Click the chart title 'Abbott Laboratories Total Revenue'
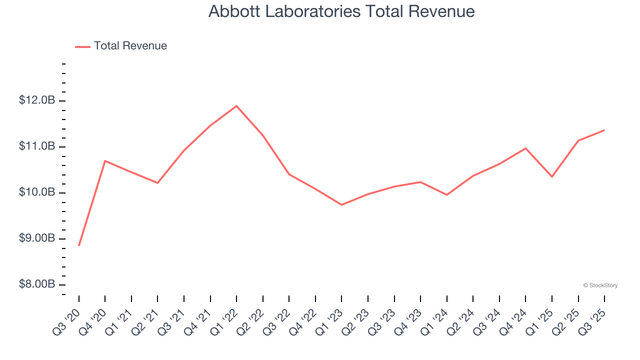pos(341,11)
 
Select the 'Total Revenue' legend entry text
pos(130,46)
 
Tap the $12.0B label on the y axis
pos(37,100)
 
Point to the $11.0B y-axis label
pos(37,146)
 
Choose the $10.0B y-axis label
pos(37,192)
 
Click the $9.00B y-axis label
pos(37,238)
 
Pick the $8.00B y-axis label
pos(37,284)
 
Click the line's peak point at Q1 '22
pos(236,105)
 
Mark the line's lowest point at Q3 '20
pos(79,245)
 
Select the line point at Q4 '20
pos(105,160)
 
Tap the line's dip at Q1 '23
pos(341,205)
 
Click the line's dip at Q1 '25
pos(552,176)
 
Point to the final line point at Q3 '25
pos(604,130)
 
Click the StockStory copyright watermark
pos(600,285)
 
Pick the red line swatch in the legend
pos(82,46)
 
